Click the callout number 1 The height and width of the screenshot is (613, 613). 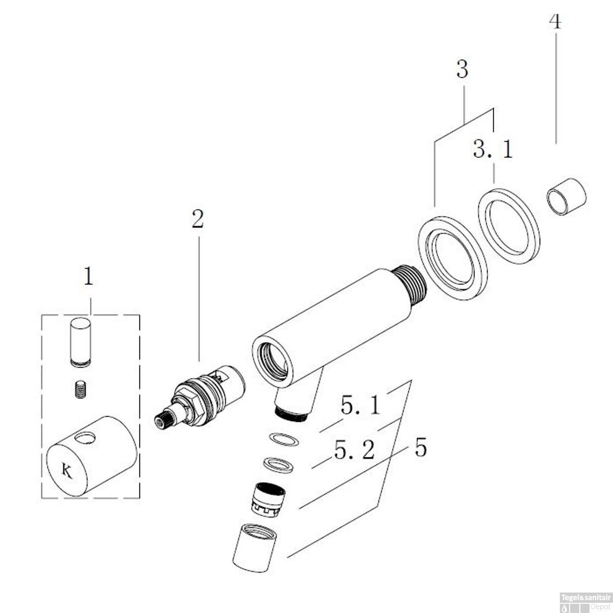[88, 277]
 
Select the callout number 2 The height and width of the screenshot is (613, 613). [198, 219]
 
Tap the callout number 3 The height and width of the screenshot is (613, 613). [462, 69]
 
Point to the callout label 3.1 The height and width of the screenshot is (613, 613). [493, 149]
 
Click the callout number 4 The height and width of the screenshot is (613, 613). [555, 21]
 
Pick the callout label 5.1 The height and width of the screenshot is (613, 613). [360, 406]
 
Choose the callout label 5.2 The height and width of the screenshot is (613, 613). [354, 450]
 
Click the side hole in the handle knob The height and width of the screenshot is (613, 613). [86, 438]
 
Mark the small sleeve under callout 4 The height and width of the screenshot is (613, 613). [566, 197]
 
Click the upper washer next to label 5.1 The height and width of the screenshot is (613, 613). [283, 440]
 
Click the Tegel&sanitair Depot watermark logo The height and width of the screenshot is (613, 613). [586, 602]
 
